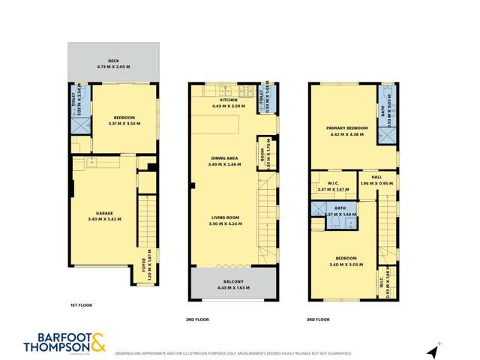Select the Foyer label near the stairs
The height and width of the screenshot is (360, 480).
point(144,263)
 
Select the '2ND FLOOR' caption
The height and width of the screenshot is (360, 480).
point(198,319)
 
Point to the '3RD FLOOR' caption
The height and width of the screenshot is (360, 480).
point(319,319)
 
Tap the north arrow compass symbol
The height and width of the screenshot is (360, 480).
point(433,350)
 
